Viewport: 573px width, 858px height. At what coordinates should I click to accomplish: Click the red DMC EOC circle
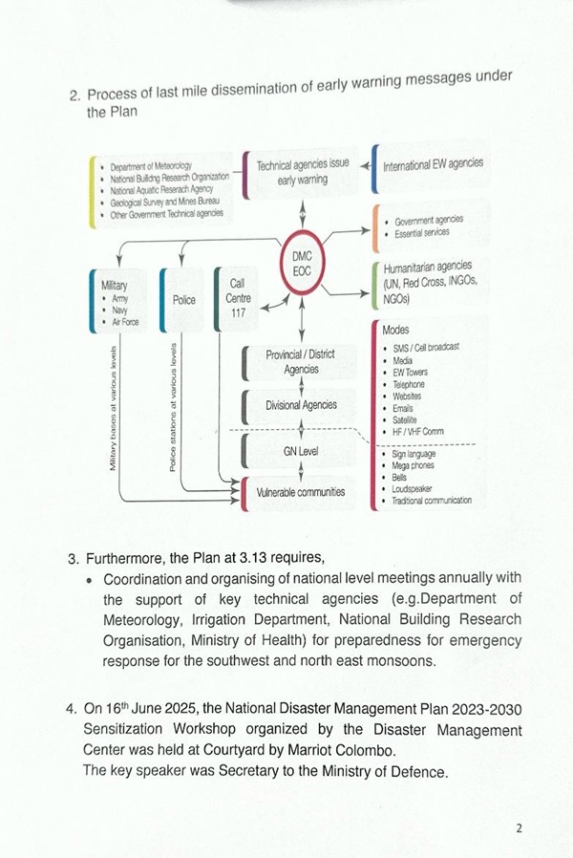[303, 265]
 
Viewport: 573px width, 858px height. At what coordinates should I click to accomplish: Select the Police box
[184, 300]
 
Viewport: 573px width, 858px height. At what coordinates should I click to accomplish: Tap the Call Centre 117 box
[239, 298]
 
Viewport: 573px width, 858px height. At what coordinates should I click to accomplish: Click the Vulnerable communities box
[300, 492]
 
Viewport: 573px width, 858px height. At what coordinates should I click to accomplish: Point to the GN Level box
[301, 449]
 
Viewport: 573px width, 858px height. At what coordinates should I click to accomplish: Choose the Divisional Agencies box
[301, 405]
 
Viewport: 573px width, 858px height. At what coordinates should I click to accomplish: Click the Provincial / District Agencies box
[300, 361]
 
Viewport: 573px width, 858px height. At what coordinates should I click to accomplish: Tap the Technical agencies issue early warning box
[302, 171]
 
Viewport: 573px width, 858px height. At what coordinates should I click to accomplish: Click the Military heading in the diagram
[114, 285]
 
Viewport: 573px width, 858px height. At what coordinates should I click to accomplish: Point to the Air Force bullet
[125, 322]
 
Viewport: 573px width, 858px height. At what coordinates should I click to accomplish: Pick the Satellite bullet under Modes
[407, 419]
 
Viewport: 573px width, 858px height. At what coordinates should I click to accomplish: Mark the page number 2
[519, 827]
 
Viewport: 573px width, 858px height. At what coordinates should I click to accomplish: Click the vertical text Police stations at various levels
[173, 406]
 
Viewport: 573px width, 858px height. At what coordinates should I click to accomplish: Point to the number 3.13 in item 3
[227, 557]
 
